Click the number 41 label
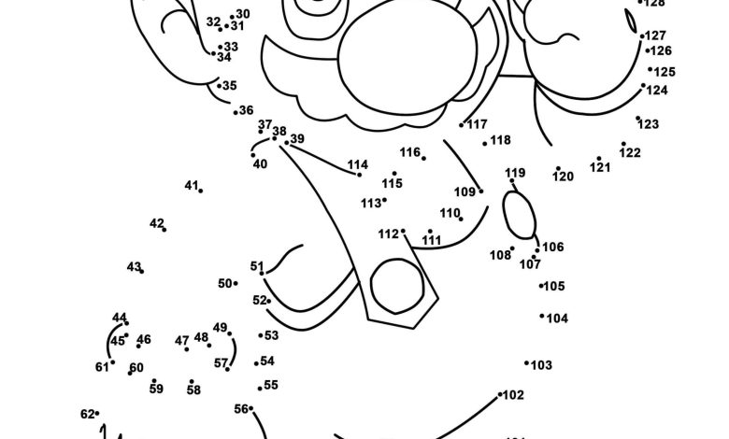[191, 186]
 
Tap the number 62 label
[87, 414]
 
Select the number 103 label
[541, 365]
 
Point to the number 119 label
[515, 173]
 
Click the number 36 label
[246, 110]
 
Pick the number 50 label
[224, 284]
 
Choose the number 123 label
[649, 124]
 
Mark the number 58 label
[193, 390]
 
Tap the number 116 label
[409, 152]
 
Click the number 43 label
[134, 267]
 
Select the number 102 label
[513, 395]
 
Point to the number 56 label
[241, 408]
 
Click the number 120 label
[563, 177]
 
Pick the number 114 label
[358, 165]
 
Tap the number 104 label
[557, 319]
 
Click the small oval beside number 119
[520, 216]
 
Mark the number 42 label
[156, 223]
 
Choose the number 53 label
[271, 335]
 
